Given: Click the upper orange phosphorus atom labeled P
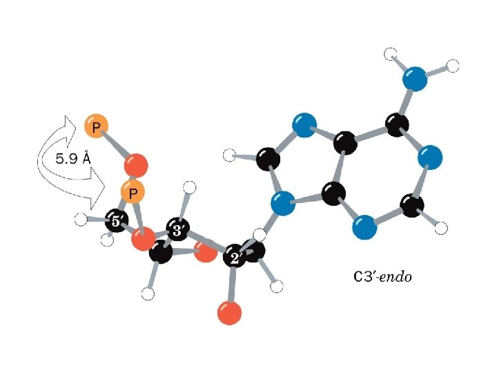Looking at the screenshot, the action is point(95,126).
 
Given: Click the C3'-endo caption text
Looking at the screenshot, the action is point(382,277).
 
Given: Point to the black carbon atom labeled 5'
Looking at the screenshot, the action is point(117,222).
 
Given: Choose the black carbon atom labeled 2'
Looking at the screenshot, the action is point(235,258).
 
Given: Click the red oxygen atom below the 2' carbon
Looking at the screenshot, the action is point(229,312).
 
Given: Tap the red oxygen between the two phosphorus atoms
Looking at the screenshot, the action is point(137,166).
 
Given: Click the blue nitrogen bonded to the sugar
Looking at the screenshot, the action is point(282,204).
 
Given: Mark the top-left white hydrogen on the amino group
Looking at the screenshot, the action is point(391,53).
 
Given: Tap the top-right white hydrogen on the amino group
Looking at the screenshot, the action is point(453,66).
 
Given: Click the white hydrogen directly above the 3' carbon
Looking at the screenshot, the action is point(192,186).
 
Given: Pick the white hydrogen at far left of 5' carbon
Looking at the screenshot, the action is point(81,220).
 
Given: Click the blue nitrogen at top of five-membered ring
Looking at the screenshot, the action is point(301,126).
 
